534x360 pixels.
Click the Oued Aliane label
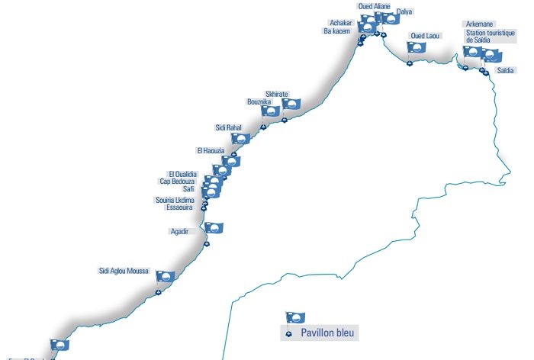click(x=374, y=6)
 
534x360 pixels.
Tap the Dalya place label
click(x=404, y=12)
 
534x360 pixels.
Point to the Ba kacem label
click(x=336, y=31)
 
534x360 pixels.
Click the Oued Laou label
click(x=425, y=36)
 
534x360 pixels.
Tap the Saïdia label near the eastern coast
click(x=505, y=70)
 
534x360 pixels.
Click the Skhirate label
click(x=276, y=93)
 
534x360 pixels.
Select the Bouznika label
click(x=259, y=101)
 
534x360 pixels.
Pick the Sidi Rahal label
click(x=228, y=127)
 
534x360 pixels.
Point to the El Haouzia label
click(x=210, y=150)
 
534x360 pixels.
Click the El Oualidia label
click(x=182, y=174)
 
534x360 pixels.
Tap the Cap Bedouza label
click(x=177, y=182)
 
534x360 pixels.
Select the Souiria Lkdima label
click(x=175, y=200)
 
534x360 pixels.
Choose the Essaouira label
click(x=180, y=207)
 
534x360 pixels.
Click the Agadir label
click(x=179, y=230)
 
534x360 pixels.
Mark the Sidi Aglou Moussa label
click(x=124, y=271)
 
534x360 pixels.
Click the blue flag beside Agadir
click(x=214, y=227)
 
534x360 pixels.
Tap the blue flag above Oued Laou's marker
click(x=417, y=47)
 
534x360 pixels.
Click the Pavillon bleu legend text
click(x=328, y=333)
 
